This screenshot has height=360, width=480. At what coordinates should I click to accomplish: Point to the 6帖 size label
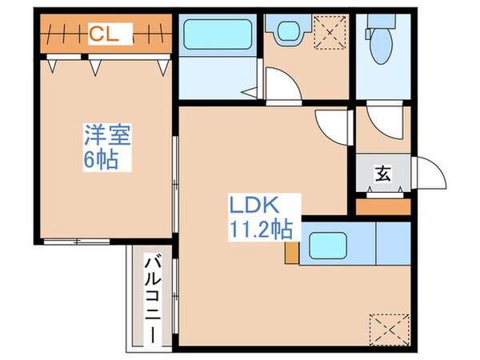pyautogui.click(x=101, y=160)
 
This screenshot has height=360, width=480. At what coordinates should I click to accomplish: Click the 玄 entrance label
pyautogui.click(x=383, y=172)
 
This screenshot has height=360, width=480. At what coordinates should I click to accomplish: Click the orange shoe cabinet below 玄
pyautogui.click(x=382, y=206)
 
